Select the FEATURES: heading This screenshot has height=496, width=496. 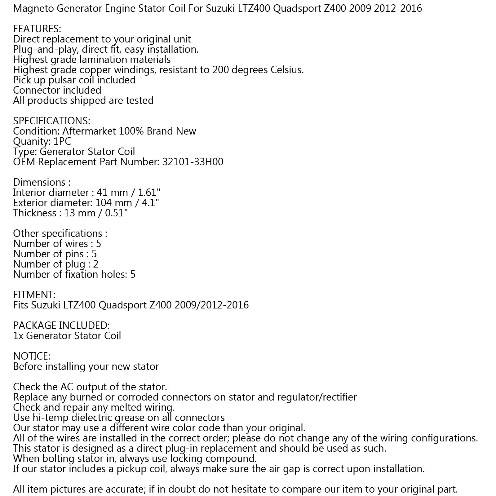[x=37, y=29]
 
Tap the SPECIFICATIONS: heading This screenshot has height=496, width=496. [x=51, y=121]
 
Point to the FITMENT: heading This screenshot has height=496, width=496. [x=34, y=294]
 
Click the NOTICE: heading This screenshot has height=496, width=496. [x=31, y=356]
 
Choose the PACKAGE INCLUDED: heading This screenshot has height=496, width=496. [x=61, y=325]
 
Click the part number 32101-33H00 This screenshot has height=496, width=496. [x=193, y=162]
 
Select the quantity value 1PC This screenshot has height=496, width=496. [x=62, y=141]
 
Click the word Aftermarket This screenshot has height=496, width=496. [x=90, y=131]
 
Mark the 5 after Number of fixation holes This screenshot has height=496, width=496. [x=133, y=274]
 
